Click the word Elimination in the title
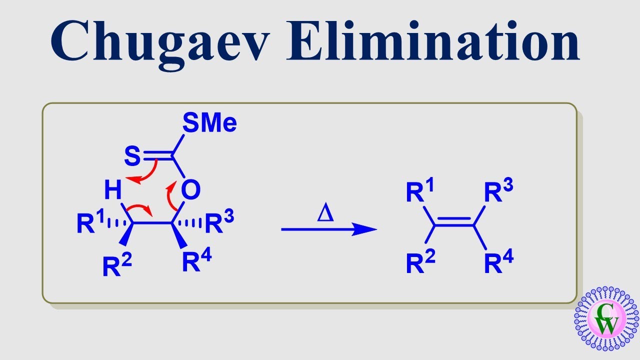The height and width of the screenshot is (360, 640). coord(433,40)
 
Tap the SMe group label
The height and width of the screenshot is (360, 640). coord(209,122)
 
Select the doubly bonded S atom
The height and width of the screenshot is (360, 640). coord(132,156)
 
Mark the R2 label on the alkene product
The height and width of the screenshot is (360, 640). coord(421,261)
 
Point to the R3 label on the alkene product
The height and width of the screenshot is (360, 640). coord(499,189)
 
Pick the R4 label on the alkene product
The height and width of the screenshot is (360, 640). coord(499,261)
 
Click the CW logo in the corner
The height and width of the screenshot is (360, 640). coord(606,319)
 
